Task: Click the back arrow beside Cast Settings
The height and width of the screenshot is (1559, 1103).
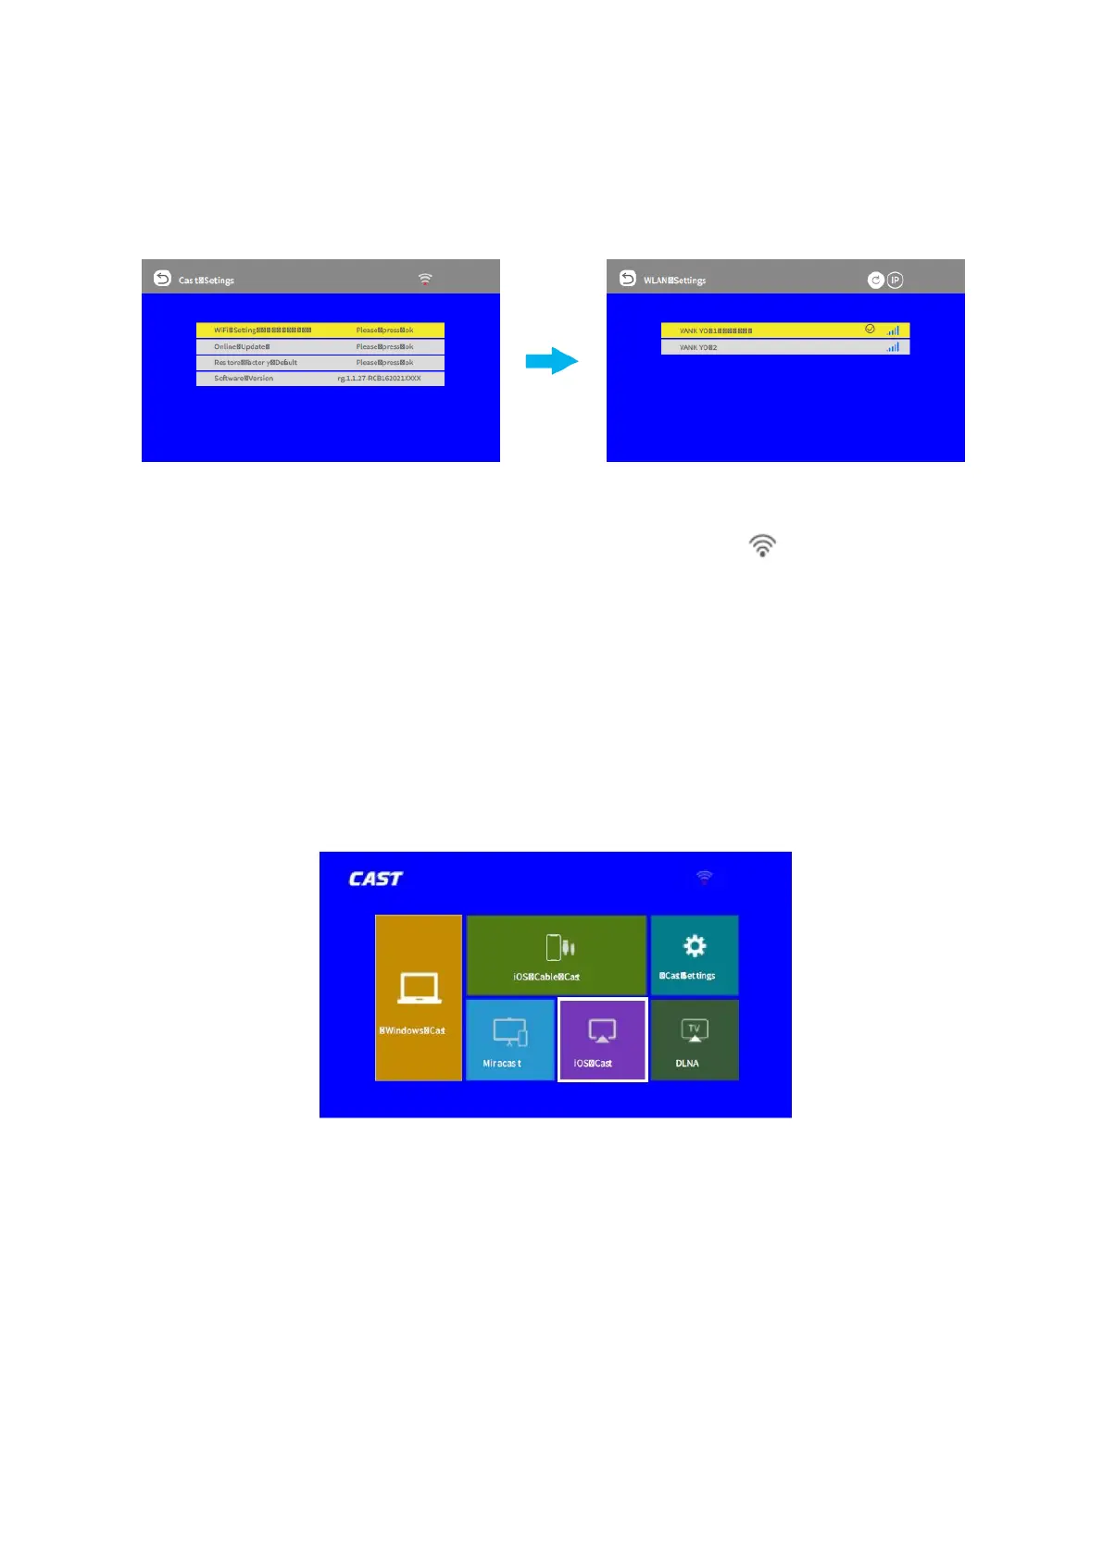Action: pos(162,278)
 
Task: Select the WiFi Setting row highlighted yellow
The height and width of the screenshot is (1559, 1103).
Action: pos(320,330)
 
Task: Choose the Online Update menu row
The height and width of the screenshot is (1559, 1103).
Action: pos(320,346)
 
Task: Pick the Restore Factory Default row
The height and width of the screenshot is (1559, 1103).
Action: pos(320,362)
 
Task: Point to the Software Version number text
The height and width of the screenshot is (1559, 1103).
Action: pos(379,379)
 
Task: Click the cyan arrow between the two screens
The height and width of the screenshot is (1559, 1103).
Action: pos(552,361)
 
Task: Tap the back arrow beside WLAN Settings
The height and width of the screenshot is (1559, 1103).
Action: pos(627,278)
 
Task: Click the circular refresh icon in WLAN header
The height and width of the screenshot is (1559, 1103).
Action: pos(875,280)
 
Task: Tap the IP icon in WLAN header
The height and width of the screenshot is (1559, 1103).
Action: pos(895,280)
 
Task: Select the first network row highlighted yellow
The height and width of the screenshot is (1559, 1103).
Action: pos(769,330)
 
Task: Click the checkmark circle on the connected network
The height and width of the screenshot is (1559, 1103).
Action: pos(870,329)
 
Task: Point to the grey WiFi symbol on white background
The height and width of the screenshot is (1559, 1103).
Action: pos(761,545)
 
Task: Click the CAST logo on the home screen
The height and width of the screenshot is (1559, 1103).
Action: pos(375,879)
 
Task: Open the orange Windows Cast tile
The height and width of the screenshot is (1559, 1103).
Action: pos(418,997)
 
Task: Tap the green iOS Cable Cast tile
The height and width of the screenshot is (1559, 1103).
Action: pos(556,954)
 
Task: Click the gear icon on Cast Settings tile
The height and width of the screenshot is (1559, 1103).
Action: pos(694,945)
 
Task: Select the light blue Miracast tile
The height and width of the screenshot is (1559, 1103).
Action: pos(509,1040)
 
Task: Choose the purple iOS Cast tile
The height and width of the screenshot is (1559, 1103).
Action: pos(602,1040)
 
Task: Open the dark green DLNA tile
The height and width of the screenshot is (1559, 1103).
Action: pos(694,1040)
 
